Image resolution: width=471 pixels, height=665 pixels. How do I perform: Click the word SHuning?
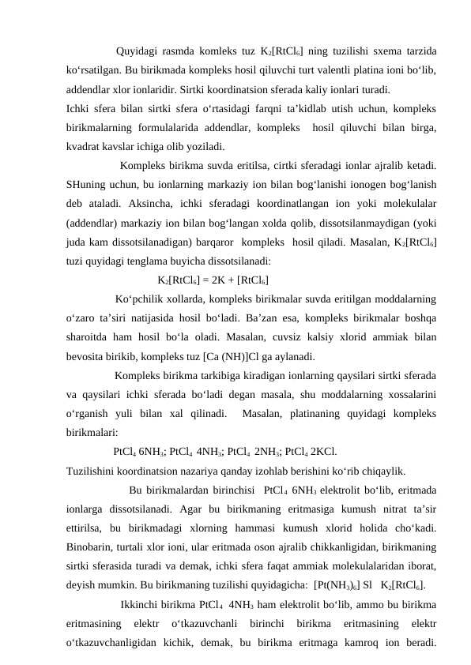click(x=89, y=185)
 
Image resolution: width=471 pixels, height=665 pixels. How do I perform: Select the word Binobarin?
click(x=92, y=547)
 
